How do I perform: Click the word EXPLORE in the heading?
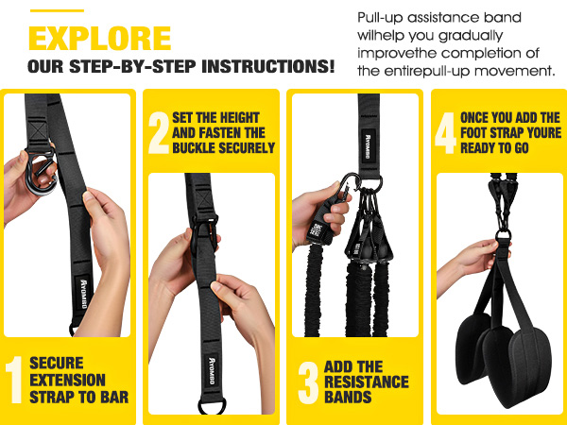pyautogui.click(x=100, y=39)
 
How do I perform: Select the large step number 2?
pyautogui.click(x=159, y=135)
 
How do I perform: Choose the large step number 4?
pyautogui.click(x=446, y=135)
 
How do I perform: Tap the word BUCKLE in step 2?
pyautogui.click(x=199, y=147)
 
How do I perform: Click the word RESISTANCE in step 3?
pyautogui.click(x=367, y=382)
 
